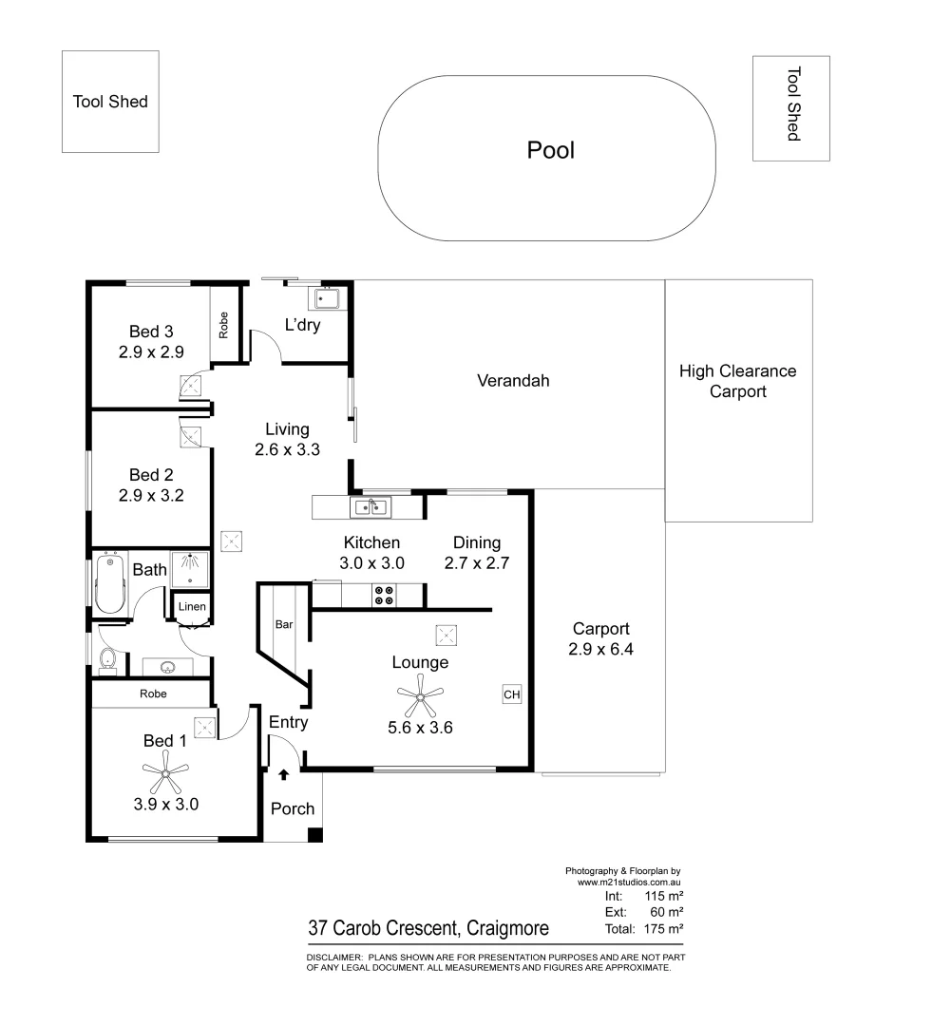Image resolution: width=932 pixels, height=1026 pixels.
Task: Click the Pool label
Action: pyautogui.click(x=551, y=150)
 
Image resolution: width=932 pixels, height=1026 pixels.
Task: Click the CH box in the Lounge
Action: pyautogui.click(x=512, y=695)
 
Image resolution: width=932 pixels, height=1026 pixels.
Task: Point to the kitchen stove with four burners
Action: pyautogui.click(x=386, y=596)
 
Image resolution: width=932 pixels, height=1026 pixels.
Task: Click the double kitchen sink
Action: pyautogui.click(x=371, y=507)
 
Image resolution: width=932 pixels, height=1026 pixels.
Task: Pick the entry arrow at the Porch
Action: pyautogui.click(x=283, y=775)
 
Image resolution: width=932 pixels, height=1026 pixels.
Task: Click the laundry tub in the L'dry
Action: pyautogui.click(x=330, y=299)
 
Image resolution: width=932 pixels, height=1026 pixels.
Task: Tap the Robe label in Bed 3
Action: pyautogui.click(x=224, y=326)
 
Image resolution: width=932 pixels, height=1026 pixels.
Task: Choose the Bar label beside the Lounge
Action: pyautogui.click(x=283, y=625)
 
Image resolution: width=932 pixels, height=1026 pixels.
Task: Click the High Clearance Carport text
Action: pyautogui.click(x=738, y=381)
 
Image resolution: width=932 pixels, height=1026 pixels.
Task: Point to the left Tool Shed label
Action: pyautogui.click(x=110, y=102)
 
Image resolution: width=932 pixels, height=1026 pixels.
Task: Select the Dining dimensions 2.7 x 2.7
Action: pyautogui.click(x=477, y=562)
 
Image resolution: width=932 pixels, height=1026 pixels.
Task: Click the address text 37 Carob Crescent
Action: pyautogui.click(x=428, y=928)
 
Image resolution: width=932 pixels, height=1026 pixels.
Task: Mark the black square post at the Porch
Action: pyautogui.click(x=314, y=835)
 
